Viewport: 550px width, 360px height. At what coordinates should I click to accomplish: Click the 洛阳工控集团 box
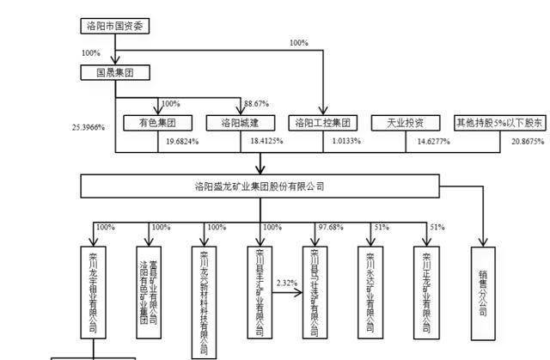(x=321, y=123)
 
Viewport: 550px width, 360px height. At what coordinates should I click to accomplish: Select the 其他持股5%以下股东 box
(x=498, y=123)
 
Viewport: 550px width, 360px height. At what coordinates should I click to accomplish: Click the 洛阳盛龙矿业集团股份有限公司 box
(x=260, y=186)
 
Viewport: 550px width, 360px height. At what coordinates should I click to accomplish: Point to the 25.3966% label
(x=89, y=127)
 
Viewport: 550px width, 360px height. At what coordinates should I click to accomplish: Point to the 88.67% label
(x=260, y=103)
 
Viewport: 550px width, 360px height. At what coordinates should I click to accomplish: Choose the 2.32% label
(x=287, y=282)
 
